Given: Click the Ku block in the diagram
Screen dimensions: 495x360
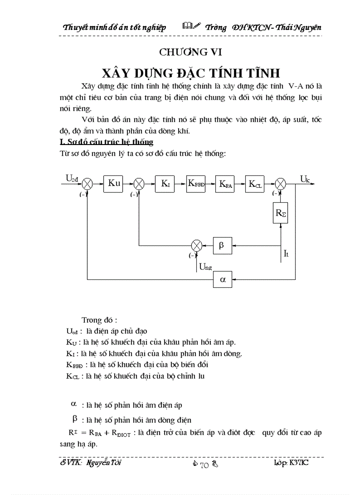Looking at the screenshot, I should coord(114,184).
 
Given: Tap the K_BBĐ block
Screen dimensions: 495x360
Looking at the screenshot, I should coord(196,184).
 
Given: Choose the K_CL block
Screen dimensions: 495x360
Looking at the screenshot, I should coord(255,184).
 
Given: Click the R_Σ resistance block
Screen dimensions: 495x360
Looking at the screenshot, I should coord(281,214).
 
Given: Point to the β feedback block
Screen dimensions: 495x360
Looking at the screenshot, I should coord(222,245).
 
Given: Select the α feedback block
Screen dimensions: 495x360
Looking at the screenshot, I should coord(222,279).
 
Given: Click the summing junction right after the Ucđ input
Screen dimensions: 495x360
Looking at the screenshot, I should coord(88,184).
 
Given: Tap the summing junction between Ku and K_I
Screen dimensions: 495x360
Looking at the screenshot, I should coord(139,184).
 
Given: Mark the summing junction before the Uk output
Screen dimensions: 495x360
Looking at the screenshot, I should coord(281,184).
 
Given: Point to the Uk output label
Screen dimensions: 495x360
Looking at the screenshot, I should coord(305,179).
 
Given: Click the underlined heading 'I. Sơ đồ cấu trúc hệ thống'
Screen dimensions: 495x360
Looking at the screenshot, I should coord(106,142).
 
